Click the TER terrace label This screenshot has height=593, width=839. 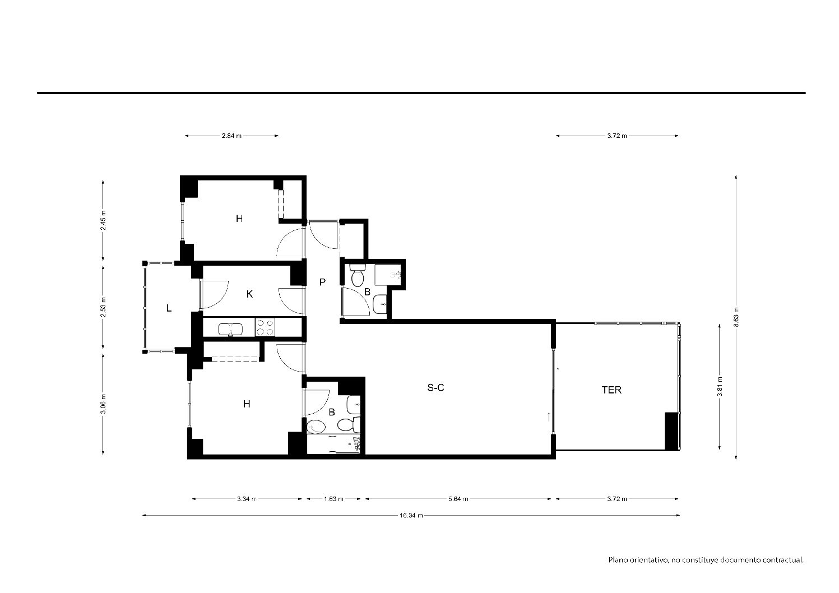coord(611,390)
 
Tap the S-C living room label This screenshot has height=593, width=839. coord(435,388)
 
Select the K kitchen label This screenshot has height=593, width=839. coord(249,294)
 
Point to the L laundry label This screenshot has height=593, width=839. coord(169,308)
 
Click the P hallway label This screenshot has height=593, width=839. coord(322,282)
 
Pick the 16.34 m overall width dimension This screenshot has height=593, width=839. coord(411,515)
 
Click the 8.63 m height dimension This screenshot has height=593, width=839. coord(736,317)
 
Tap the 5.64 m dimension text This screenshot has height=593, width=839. coord(458,499)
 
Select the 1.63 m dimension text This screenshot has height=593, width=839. coord(333,499)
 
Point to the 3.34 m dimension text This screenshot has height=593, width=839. coord(247,499)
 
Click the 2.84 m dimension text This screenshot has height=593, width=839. coord(231,136)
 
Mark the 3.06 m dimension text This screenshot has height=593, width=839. coord(103,404)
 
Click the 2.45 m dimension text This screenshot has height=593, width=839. coord(103,220)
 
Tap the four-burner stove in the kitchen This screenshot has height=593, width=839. coord(265,327)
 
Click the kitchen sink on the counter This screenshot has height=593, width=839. coord(230,330)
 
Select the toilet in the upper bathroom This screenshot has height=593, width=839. coord(357,276)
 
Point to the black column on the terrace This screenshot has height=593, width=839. coord(672,431)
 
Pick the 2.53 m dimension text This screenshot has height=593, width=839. coord(103,307)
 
